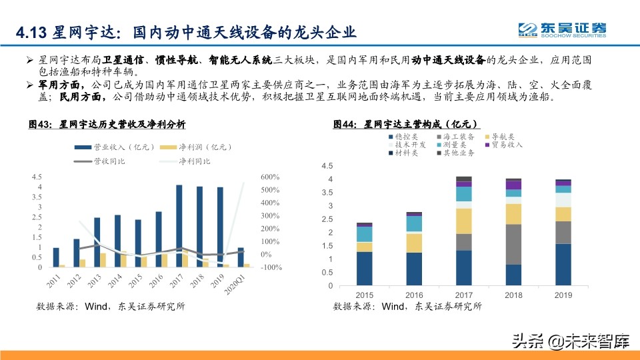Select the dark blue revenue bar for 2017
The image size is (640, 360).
pos(179,226)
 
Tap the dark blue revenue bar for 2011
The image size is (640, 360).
pos(56,257)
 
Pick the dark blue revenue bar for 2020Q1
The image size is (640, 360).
pos(241,257)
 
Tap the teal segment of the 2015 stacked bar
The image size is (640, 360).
pos(364,234)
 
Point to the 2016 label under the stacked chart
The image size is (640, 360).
pos(414,295)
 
